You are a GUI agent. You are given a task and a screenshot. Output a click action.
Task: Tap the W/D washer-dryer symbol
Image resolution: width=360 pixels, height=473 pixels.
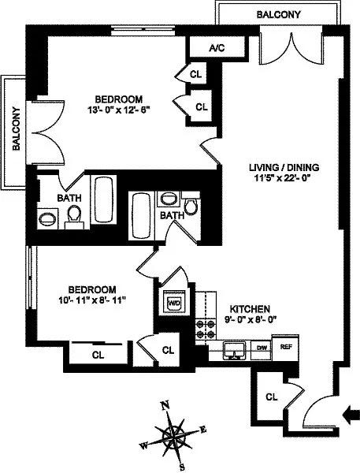click(173, 303)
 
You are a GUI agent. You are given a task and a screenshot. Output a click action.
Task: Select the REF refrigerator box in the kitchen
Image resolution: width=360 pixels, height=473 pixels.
click(287, 346)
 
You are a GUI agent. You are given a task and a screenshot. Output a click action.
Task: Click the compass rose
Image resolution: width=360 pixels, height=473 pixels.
click(172, 436)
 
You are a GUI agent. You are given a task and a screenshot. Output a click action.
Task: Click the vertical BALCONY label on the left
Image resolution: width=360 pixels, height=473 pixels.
click(15, 135)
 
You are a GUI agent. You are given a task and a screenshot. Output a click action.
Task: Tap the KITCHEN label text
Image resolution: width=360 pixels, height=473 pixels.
click(251, 309)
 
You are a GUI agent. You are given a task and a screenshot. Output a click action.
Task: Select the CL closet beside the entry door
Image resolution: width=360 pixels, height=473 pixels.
click(270, 397)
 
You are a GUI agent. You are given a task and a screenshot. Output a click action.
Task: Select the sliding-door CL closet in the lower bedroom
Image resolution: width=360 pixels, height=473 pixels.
click(98, 355)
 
